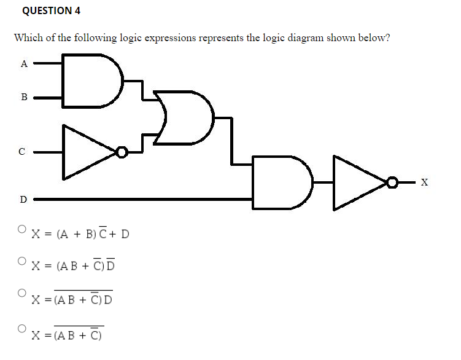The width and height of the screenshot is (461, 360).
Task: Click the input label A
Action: coord(24,62)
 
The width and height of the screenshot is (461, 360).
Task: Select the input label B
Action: coord(24,96)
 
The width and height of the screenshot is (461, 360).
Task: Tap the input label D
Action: coord(24,199)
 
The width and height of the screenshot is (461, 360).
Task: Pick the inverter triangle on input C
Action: coord(86,151)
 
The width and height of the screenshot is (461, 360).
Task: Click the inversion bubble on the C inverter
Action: coord(123,151)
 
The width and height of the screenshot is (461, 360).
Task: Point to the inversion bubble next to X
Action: coord(392,182)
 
